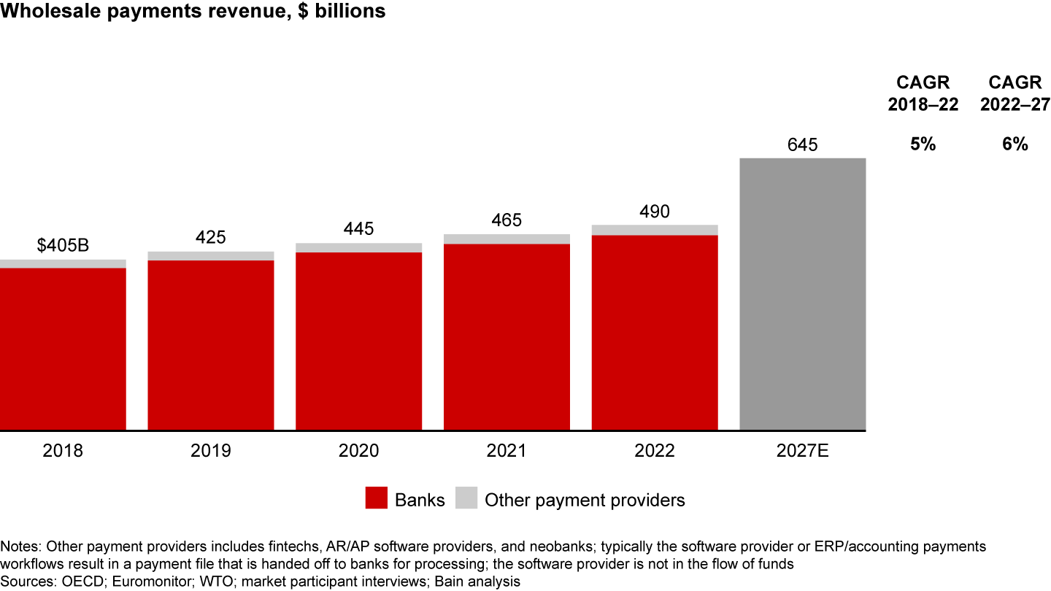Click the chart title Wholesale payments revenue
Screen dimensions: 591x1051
[193, 12]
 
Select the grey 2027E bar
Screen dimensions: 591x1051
[802, 294]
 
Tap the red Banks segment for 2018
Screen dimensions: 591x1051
[63, 349]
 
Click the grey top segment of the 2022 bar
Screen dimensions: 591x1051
[655, 230]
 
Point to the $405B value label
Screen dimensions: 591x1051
[63, 245]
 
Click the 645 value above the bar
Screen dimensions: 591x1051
[802, 144]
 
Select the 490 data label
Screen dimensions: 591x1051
[655, 211]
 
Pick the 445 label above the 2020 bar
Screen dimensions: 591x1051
[358, 228]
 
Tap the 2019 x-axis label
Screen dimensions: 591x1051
[210, 451]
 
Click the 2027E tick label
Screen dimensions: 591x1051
[802, 451]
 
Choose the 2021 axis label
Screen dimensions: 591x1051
[507, 451]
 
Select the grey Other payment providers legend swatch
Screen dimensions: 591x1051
[466, 499]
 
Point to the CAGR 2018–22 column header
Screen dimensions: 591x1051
[923, 94]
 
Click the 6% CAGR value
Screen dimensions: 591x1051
[1015, 144]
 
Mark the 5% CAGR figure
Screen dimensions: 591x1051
[923, 144]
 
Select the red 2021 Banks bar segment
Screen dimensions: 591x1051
[507, 337]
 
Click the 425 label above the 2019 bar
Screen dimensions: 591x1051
[210, 237]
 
